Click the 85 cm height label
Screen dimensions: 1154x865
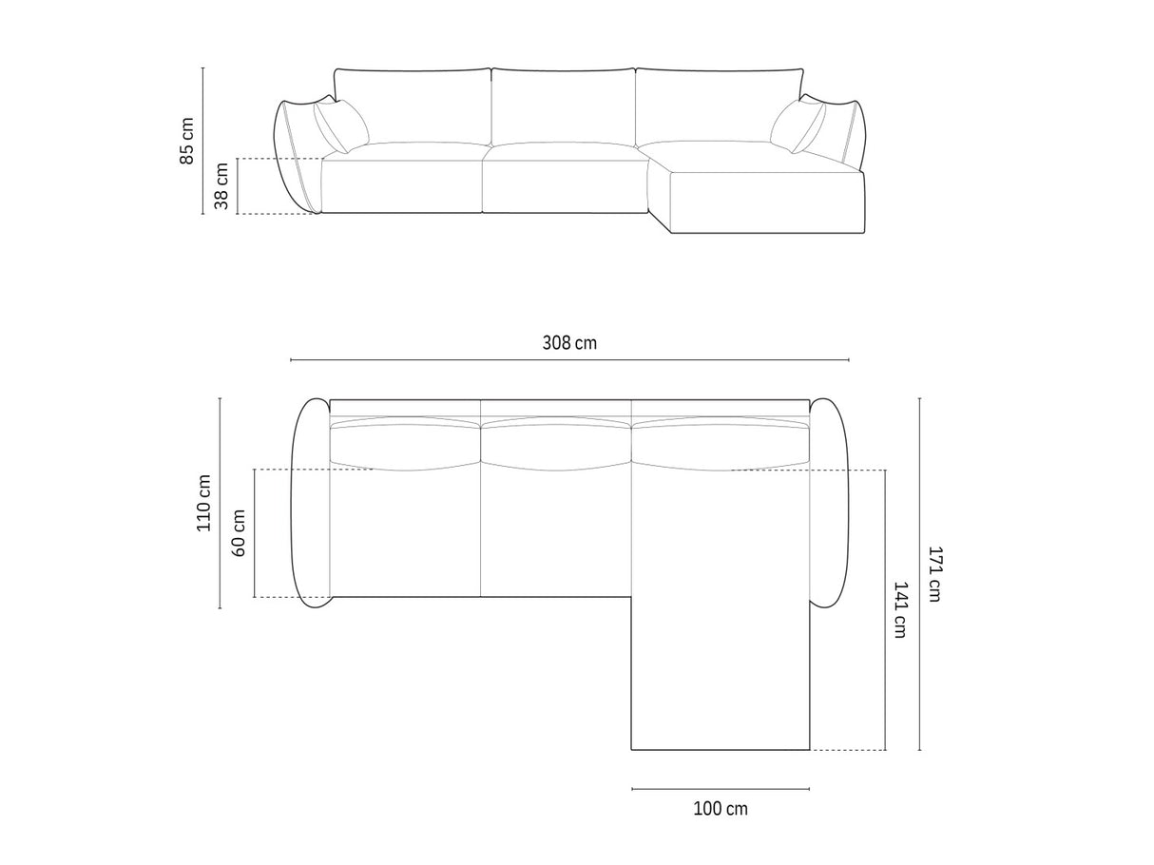click(187, 141)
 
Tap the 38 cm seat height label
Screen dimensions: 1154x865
click(221, 186)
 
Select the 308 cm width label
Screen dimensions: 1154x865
click(570, 342)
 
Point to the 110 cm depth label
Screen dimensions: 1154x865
click(203, 503)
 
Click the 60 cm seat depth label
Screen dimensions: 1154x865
click(239, 533)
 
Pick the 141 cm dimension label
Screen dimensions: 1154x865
click(900, 609)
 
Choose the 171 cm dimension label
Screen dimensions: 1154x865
click(934, 574)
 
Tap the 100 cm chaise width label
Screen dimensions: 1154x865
click(721, 823)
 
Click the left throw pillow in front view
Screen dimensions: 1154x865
click(341, 126)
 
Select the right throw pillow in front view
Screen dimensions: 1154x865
click(798, 126)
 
